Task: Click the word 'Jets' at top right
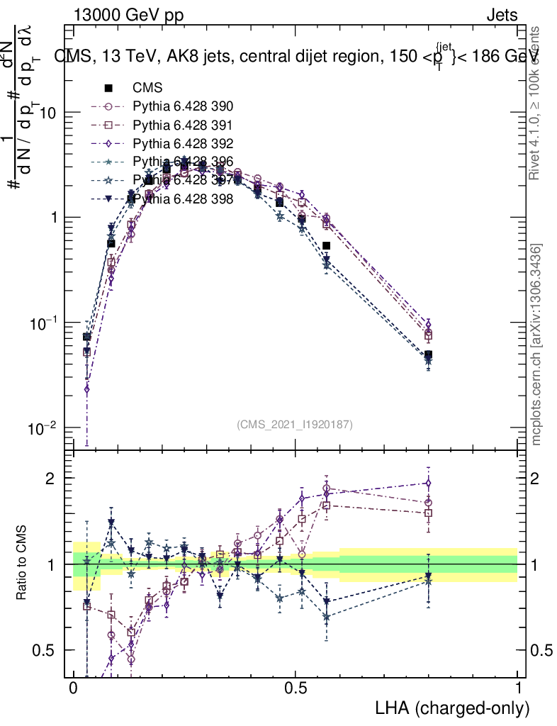click(502, 15)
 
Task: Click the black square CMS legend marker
click(109, 89)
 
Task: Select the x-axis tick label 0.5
click(296, 689)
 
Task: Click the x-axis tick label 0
click(73, 689)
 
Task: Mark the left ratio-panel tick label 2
click(50, 478)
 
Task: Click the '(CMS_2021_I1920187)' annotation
click(295, 424)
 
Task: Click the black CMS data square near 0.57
click(327, 246)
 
